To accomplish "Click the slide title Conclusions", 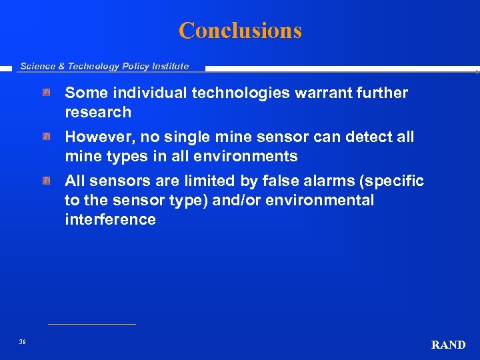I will pos(240,31).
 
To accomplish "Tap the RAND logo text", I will pos(448,345).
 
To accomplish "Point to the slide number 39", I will pos(23,342).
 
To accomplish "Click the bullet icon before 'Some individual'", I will pos(47,93).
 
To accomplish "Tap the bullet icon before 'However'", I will pos(47,137).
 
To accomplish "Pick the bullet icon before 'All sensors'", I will pos(47,181).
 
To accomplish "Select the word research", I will pos(98,112).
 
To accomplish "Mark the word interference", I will pos(110,219).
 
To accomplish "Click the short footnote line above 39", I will pos(92,325).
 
